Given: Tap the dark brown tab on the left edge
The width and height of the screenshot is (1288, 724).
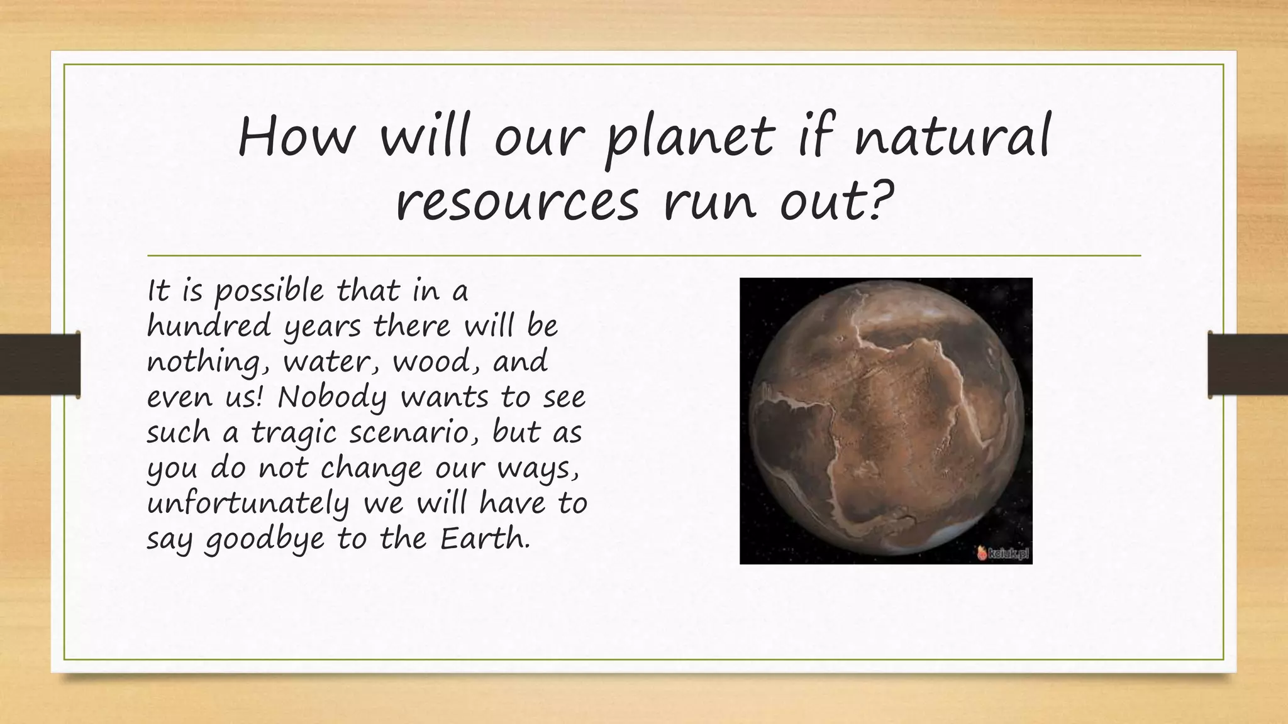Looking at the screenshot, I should coord(40,365).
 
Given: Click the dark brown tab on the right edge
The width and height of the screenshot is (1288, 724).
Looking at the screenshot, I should coord(1248,365).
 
